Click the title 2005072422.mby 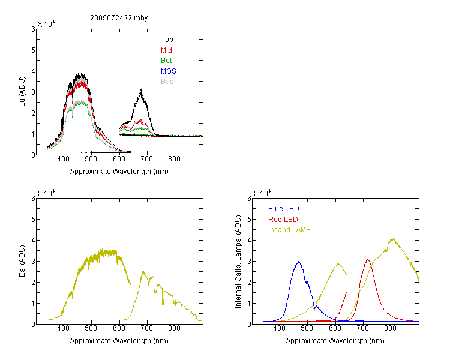(119, 18)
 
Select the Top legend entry (167, 40)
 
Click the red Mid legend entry (166, 50)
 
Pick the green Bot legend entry (166, 61)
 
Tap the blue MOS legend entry (169, 71)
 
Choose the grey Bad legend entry (167, 82)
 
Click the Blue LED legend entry (284, 209)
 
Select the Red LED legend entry (283, 220)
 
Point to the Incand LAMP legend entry (289, 230)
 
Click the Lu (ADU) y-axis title (22, 92)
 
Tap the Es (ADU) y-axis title (22, 261)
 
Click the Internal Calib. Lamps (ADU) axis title (238, 262)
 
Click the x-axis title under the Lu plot (119, 172)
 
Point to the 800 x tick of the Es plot (174, 328)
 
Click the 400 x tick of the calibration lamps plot (279, 328)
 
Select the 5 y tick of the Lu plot (33, 50)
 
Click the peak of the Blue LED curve (299, 262)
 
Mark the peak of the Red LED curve (368, 260)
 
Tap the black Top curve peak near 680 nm (141, 90)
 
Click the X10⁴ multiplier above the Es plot (46, 193)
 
